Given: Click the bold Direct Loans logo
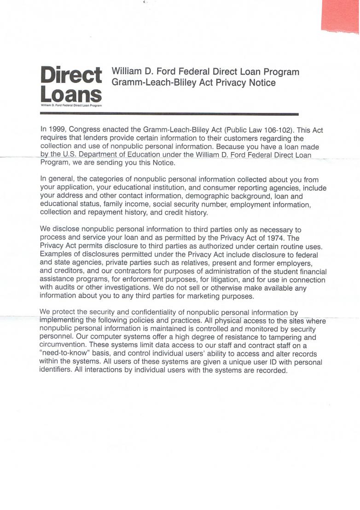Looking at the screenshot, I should click(x=71, y=84).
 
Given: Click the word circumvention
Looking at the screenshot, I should click(x=64, y=345).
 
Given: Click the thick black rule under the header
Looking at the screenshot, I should click(x=169, y=114).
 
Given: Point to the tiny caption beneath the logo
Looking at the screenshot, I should click(x=71, y=106).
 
